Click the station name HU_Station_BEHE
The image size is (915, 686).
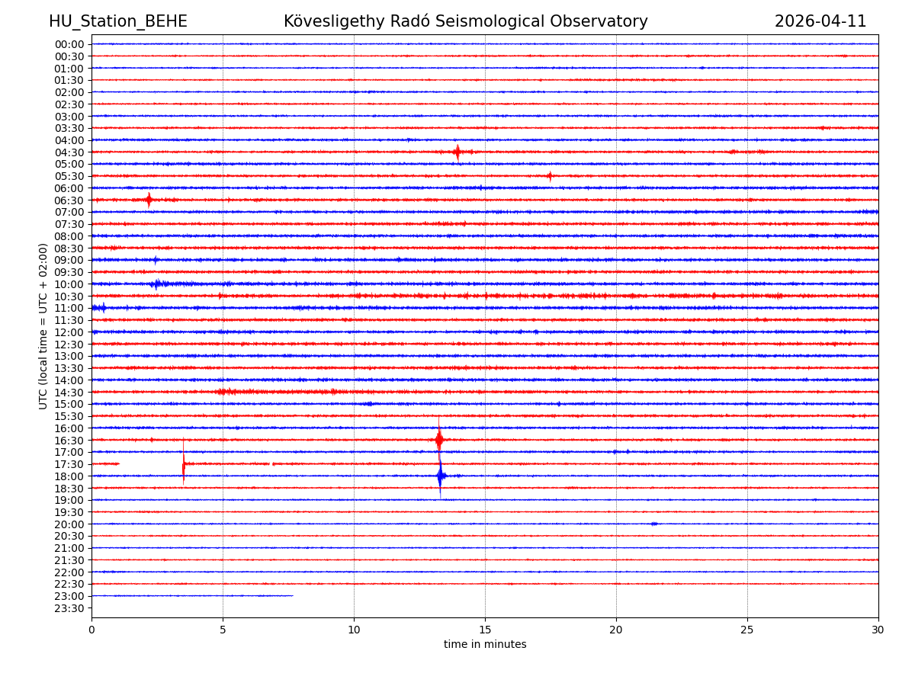pyautogui.click(x=117, y=22)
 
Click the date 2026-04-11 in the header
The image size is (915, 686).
pyautogui.click(x=820, y=22)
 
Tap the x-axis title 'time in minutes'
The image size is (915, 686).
pyautogui.click(x=485, y=645)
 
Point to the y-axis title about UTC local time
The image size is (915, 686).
pyautogui.click(x=43, y=325)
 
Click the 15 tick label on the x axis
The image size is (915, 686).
pyautogui.click(x=485, y=630)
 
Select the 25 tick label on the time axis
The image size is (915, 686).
pyautogui.click(x=747, y=630)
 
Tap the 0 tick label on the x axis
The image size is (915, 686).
pyautogui.click(x=91, y=630)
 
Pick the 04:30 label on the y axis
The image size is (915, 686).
pyautogui.click(x=69, y=152)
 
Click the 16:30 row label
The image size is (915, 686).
pyautogui.click(x=69, y=441)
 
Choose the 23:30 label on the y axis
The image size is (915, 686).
pyautogui.click(x=69, y=608)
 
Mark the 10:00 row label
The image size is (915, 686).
pyautogui.click(x=69, y=284)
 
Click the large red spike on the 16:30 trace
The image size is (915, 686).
pyautogui.click(x=438, y=439)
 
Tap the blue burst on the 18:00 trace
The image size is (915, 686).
pyautogui.click(x=441, y=476)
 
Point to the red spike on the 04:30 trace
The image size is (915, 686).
pyautogui.click(x=457, y=152)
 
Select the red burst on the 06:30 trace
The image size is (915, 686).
pyautogui.click(x=149, y=200)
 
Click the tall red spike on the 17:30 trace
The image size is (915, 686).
pyautogui.click(x=183, y=463)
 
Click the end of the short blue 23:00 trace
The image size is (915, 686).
pyautogui.click(x=293, y=595)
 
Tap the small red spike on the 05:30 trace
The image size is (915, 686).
pyautogui.click(x=549, y=176)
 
